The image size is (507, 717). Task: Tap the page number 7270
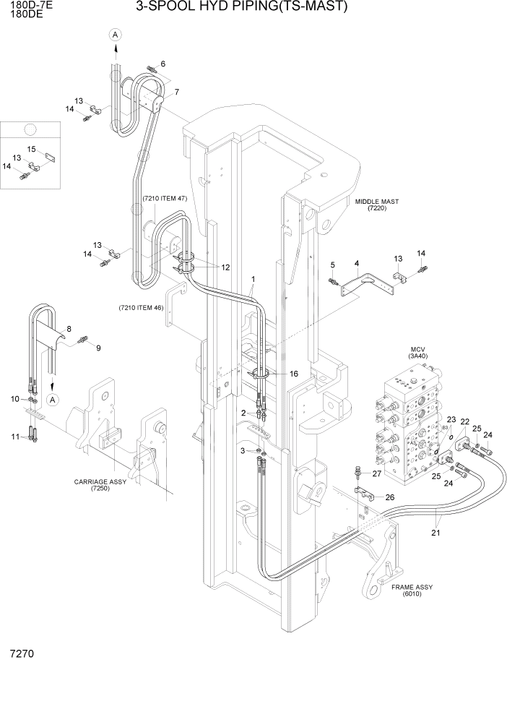[21, 654]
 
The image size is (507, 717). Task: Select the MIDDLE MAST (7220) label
[377, 205]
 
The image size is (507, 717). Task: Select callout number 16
[294, 374]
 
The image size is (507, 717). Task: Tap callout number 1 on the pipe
[253, 278]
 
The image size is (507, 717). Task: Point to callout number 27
[376, 473]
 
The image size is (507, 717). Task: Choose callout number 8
[69, 329]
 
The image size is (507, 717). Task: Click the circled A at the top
[114, 33]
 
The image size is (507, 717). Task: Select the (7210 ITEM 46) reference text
[142, 309]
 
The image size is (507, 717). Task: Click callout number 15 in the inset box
[31, 149]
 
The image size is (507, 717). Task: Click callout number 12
[225, 267]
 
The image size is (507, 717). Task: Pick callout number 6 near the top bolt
[162, 64]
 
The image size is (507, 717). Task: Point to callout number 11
[14, 437]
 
